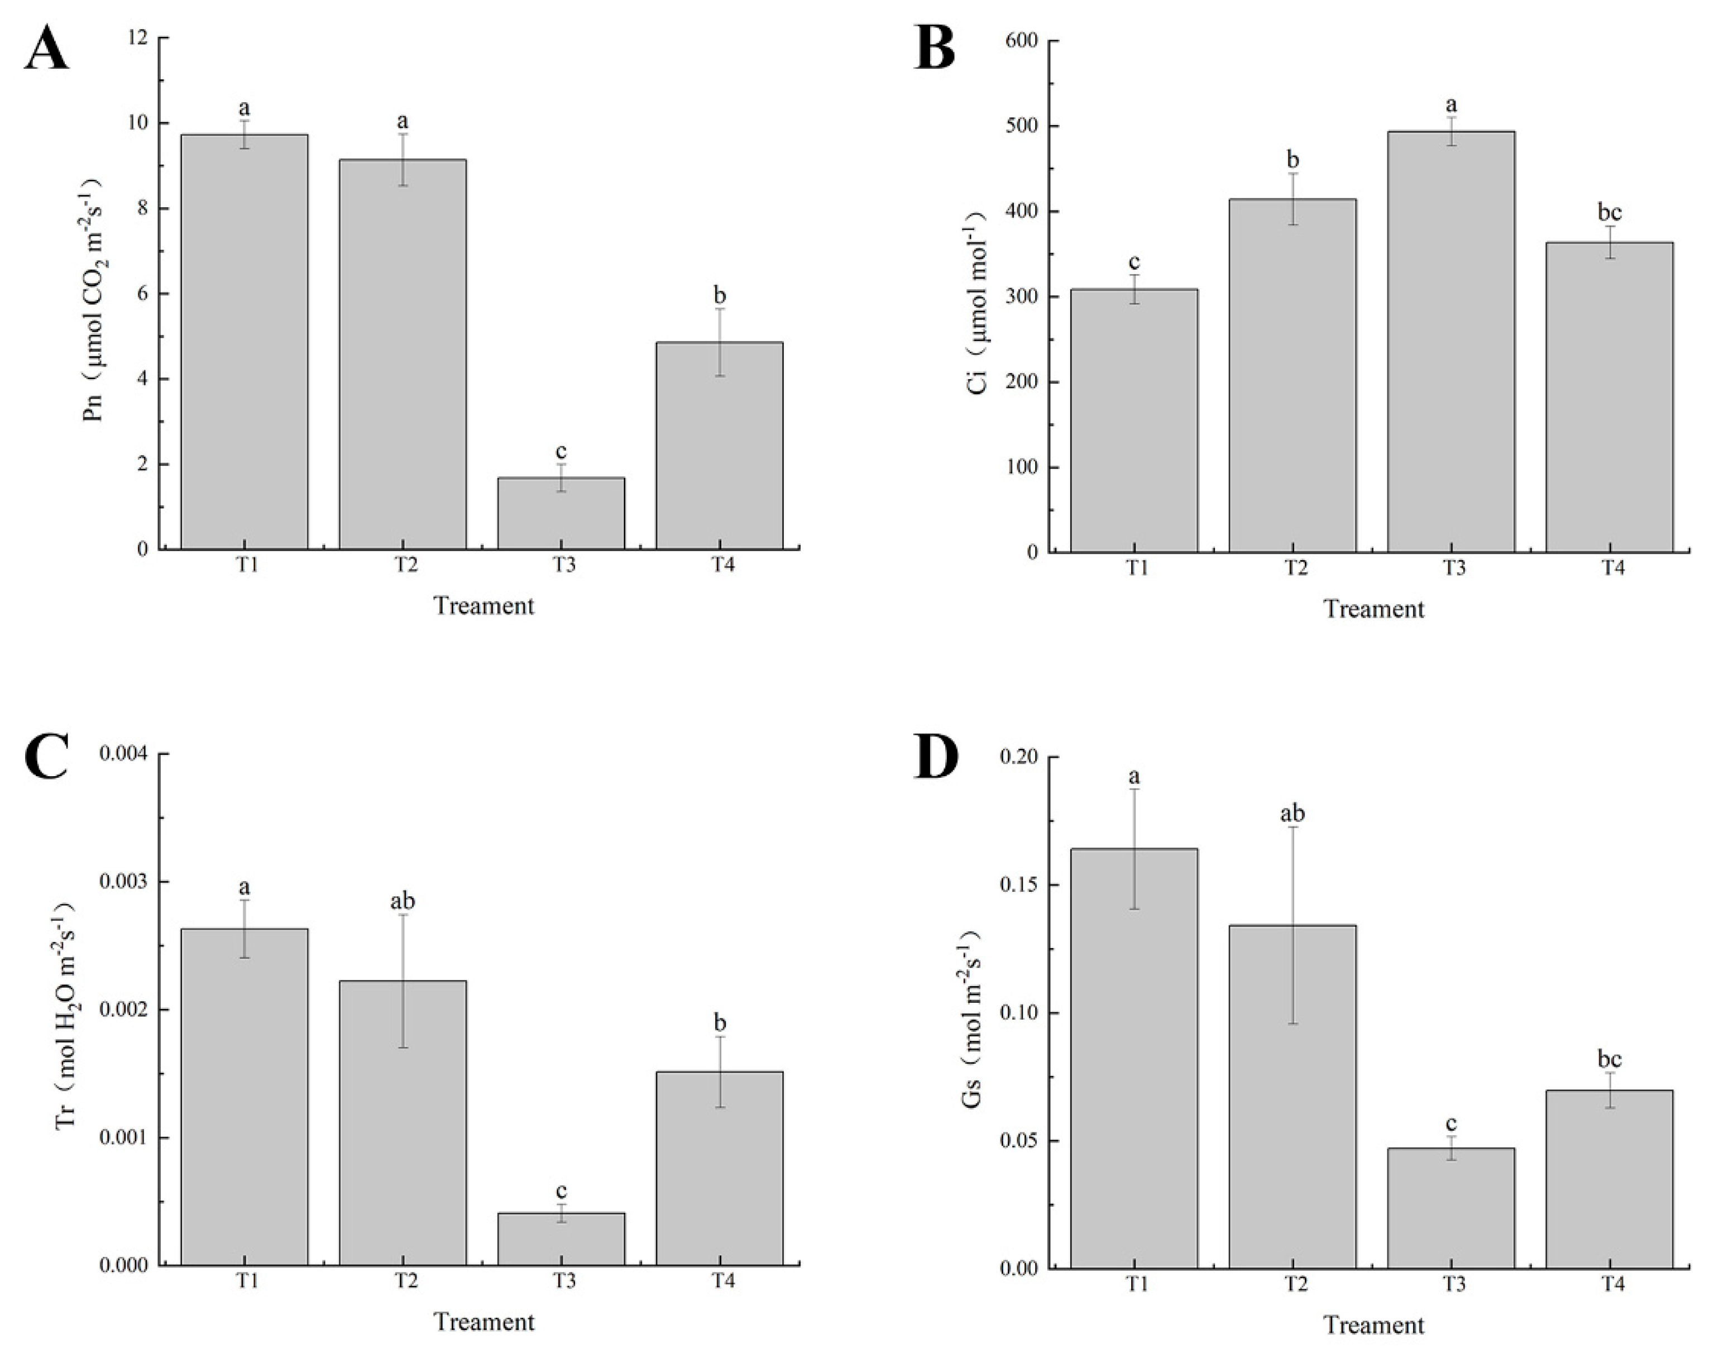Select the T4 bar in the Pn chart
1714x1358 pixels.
point(720,445)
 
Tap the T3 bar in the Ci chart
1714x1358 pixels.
point(1451,342)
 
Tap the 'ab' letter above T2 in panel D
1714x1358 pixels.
point(1292,814)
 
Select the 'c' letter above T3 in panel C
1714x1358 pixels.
point(561,1191)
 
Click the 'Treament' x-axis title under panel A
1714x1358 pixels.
point(483,606)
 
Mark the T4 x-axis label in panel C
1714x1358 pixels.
point(721,1282)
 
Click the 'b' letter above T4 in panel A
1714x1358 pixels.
point(720,296)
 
